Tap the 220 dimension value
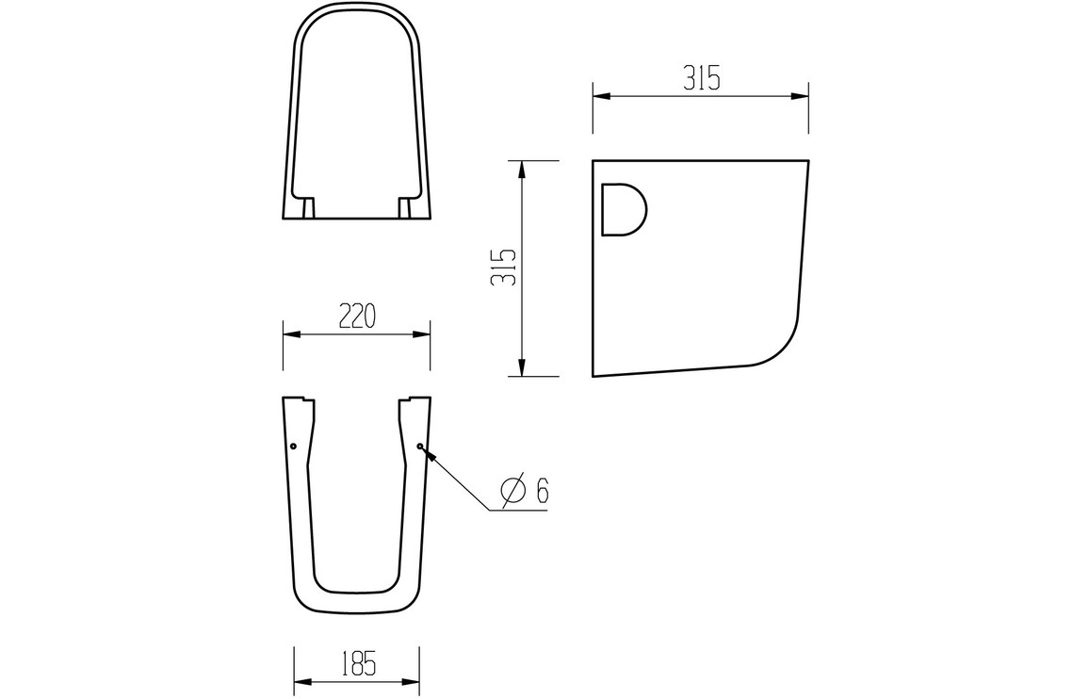click(x=357, y=317)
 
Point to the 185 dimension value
click(x=357, y=664)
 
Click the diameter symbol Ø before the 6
click(x=512, y=491)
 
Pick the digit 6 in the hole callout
click(x=542, y=491)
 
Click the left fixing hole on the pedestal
click(x=294, y=445)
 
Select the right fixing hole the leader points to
click(x=419, y=445)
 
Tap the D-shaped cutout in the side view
click(x=623, y=209)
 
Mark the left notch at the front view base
click(x=307, y=206)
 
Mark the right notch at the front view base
click(x=406, y=206)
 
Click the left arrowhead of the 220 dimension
click(x=290, y=333)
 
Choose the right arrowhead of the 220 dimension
click(x=424, y=333)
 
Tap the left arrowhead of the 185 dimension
click(x=301, y=681)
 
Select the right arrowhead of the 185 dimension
click(x=412, y=681)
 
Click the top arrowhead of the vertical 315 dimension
click(x=520, y=168)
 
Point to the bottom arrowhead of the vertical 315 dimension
click(x=520, y=369)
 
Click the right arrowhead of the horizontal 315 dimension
click(x=802, y=95)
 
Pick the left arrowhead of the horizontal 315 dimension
click(x=599, y=95)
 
